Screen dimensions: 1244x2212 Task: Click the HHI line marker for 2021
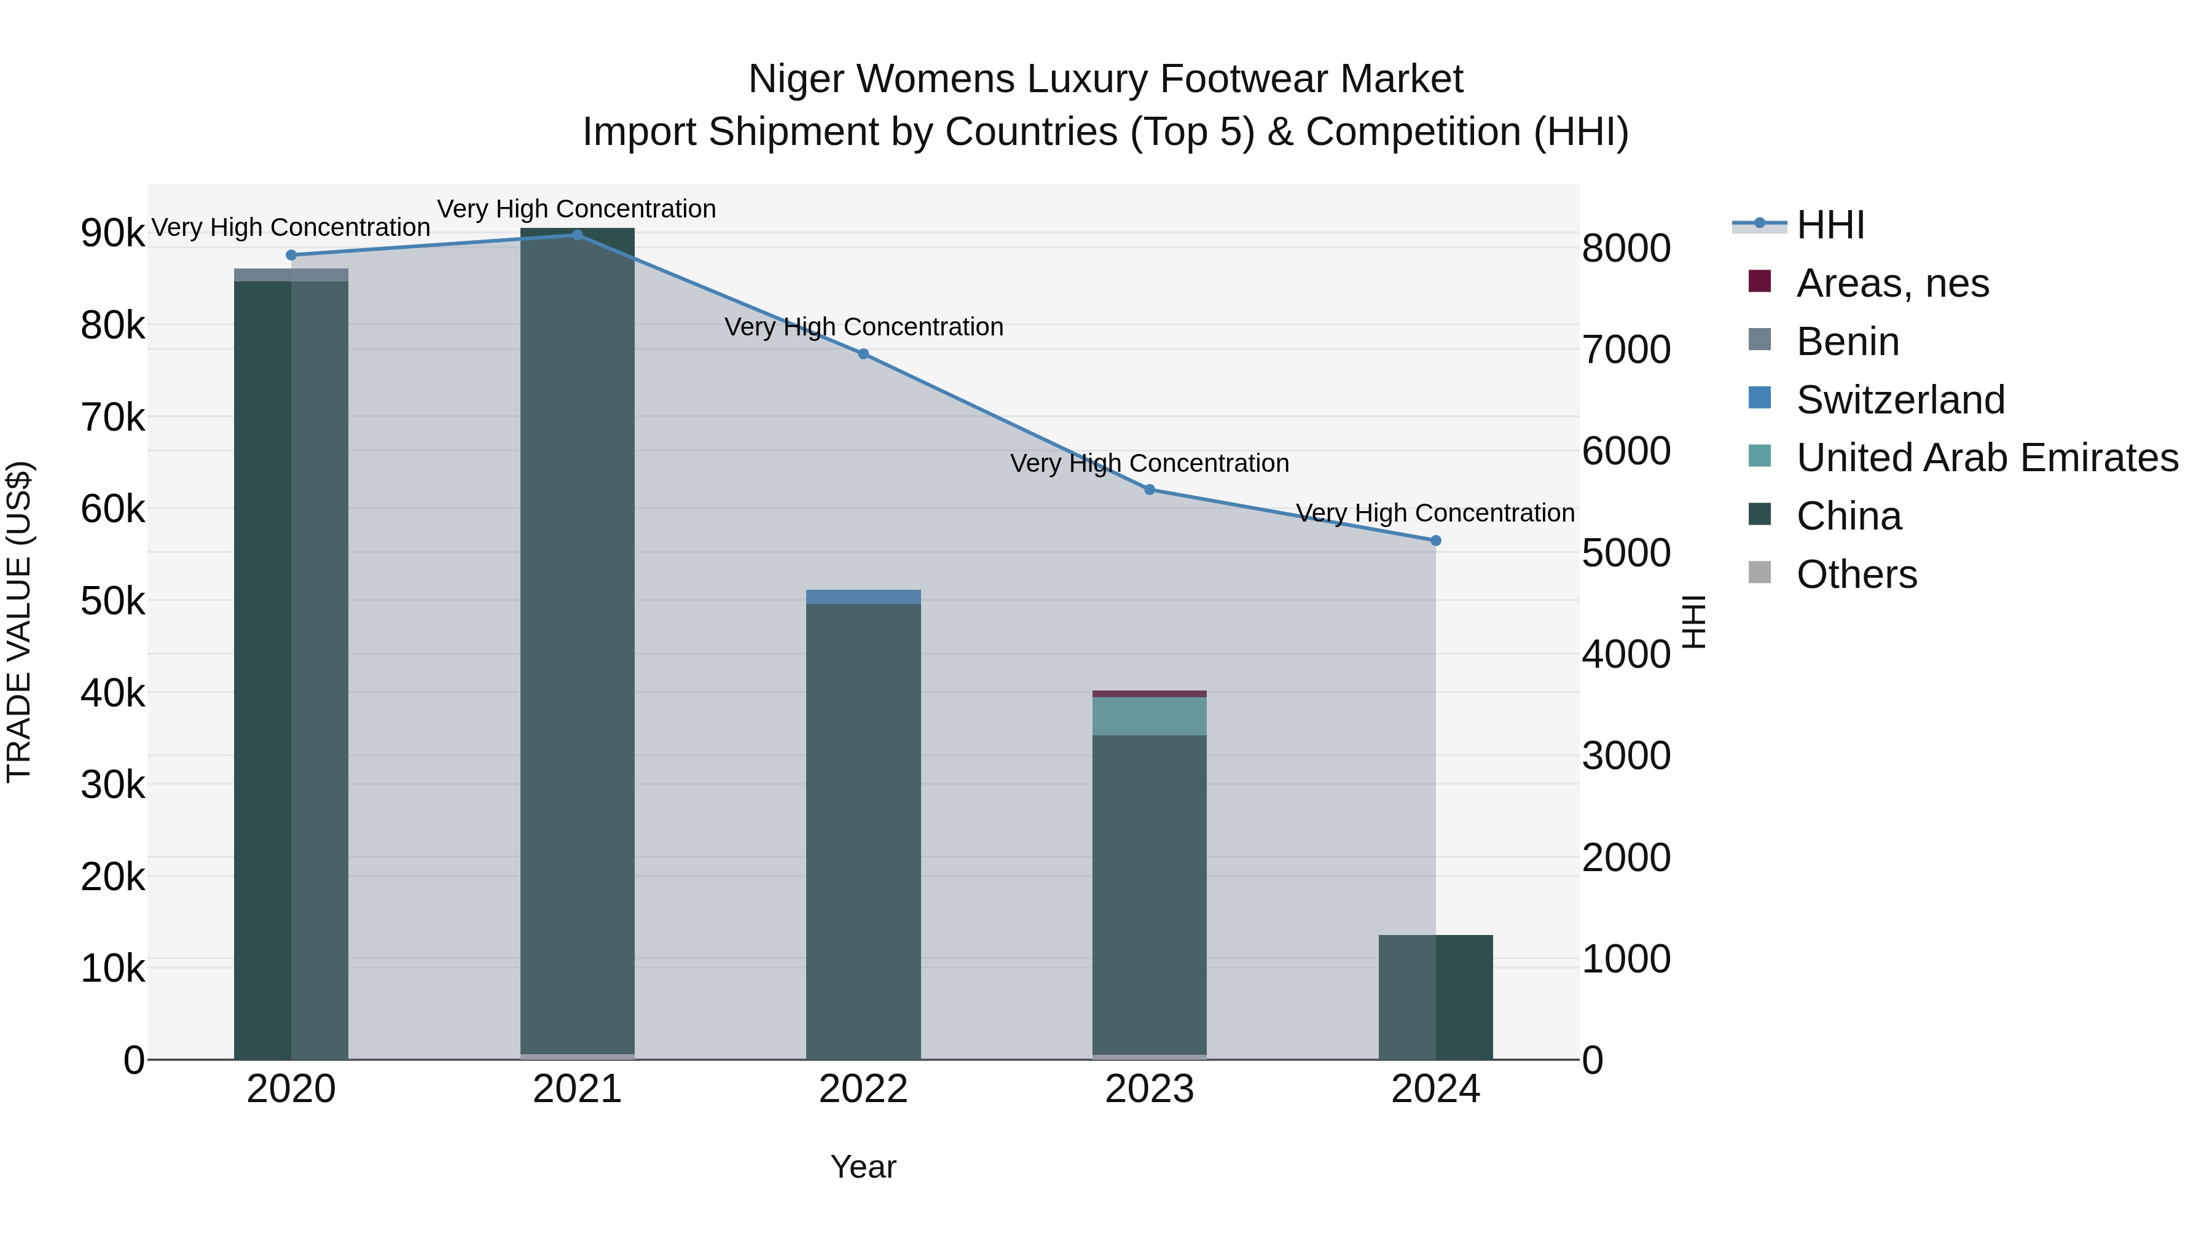577,235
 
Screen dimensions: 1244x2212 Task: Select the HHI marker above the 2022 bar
863,354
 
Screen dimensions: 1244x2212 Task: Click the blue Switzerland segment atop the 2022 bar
863,597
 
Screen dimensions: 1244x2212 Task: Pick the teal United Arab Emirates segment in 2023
1149,716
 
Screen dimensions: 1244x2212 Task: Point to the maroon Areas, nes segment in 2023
1149,694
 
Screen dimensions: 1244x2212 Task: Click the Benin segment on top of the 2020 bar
291,275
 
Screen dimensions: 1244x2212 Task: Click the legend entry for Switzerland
1899,400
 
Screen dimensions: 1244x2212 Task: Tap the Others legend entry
1856,574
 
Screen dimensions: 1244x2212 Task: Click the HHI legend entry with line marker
1829,225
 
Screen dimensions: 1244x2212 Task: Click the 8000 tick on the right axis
1625,249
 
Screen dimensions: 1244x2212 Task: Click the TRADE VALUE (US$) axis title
19,622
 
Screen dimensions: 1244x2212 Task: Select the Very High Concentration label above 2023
1149,464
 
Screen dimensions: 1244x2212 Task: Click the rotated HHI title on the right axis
1693,622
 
